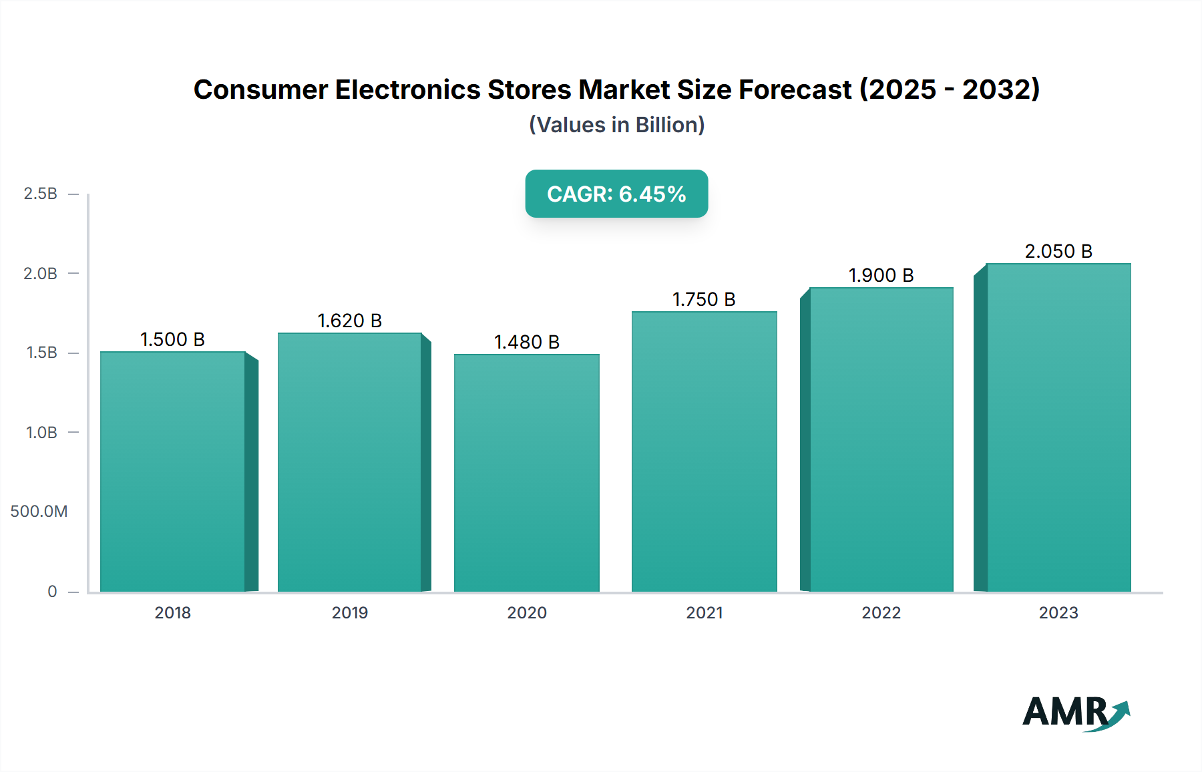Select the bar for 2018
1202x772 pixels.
(173, 471)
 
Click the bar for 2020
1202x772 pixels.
(527, 472)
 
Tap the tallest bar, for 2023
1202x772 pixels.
(1058, 427)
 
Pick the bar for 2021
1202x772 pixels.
(705, 451)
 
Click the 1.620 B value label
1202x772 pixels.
(349, 321)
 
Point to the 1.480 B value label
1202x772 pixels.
(526, 343)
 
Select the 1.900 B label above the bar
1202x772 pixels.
(881, 276)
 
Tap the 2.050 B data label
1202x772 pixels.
(1058, 252)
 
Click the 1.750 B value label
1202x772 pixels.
(704, 300)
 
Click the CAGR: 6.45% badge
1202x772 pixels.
(616, 194)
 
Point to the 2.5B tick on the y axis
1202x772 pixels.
(40, 194)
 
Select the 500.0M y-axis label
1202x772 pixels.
(39, 512)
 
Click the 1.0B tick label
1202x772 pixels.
(41, 433)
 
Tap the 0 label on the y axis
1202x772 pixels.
(52, 592)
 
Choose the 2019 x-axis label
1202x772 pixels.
(349, 613)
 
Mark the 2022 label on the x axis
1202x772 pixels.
(881, 613)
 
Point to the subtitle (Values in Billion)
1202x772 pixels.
(616, 125)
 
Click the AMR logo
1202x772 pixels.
(1066, 712)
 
